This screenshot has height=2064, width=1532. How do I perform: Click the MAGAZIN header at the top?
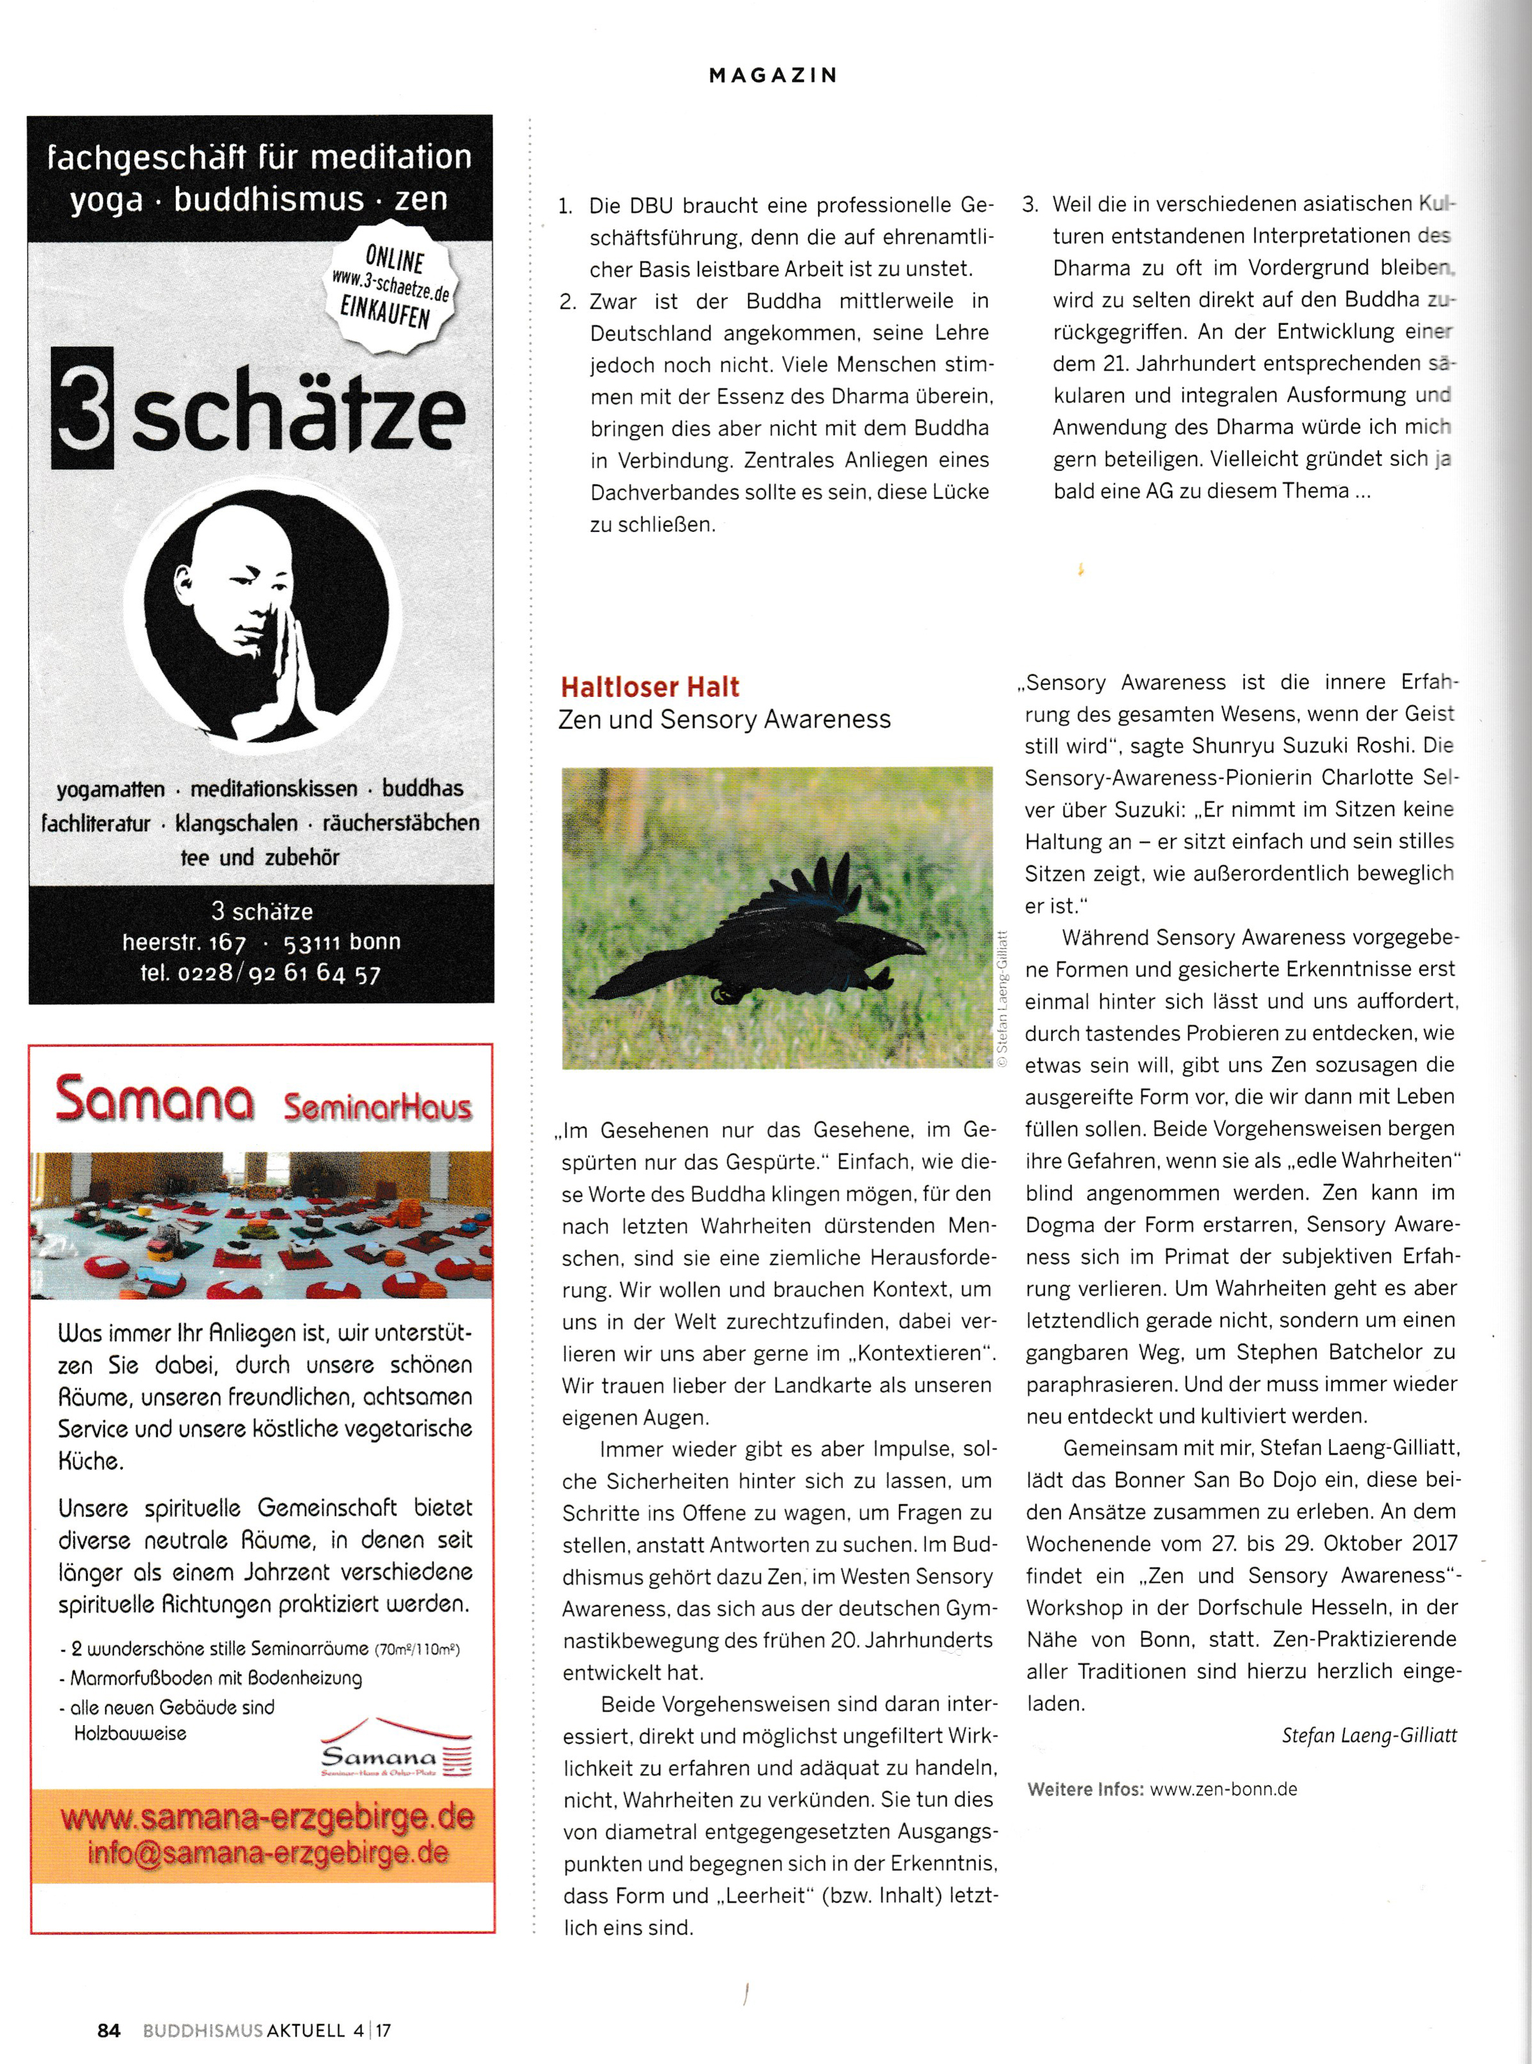(773, 75)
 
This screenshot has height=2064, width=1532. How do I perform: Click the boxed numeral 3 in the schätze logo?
(82, 408)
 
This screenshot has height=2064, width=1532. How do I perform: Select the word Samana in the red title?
(154, 1100)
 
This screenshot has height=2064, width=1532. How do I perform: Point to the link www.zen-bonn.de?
(1223, 1789)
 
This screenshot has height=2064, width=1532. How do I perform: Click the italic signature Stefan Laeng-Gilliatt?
(1369, 1735)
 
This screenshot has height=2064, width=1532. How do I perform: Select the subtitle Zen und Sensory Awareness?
(724, 720)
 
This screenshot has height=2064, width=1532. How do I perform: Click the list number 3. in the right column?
(1030, 205)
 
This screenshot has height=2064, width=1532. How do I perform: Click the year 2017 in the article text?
(1433, 1543)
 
